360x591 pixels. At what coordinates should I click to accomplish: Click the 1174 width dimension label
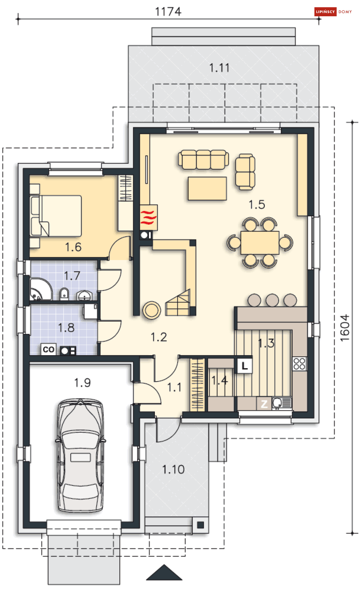(168, 12)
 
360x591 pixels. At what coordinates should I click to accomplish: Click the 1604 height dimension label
(345, 328)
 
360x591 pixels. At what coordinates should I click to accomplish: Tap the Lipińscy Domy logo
(333, 12)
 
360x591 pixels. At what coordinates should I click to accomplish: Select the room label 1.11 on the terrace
(219, 68)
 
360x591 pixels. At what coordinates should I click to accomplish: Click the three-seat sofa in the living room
(203, 160)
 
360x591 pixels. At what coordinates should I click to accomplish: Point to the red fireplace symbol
(149, 217)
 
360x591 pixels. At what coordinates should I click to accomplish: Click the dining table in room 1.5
(260, 243)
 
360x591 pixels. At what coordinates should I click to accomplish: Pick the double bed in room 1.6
(56, 216)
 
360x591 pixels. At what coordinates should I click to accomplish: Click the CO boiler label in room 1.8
(48, 350)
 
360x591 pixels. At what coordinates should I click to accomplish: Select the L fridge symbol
(245, 366)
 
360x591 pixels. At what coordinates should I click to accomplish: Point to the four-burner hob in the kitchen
(300, 363)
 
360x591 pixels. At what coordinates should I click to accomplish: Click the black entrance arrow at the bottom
(164, 572)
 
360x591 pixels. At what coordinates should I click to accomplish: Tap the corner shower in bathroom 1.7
(41, 289)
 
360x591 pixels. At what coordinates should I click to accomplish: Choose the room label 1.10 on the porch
(173, 469)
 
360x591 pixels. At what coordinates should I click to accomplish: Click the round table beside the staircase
(152, 310)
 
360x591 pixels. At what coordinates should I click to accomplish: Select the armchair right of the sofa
(245, 172)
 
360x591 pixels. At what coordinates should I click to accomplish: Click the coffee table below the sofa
(207, 188)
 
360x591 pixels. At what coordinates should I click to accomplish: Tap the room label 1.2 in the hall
(159, 337)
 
